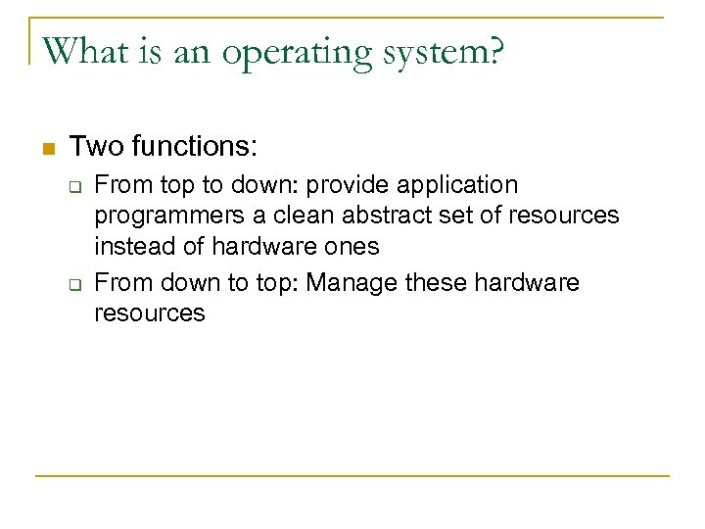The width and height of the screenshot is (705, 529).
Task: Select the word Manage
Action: pyautogui.click(x=350, y=283)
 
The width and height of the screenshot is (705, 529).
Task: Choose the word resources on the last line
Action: pyautogui.click(x=150, y=314)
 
